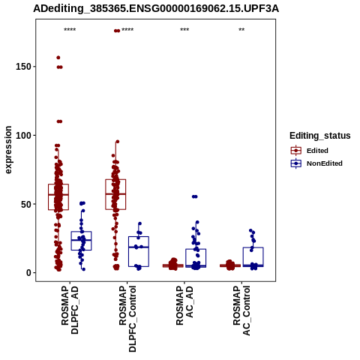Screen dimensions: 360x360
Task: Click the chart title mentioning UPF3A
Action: (156, 8)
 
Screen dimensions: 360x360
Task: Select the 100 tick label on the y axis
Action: (23, 135)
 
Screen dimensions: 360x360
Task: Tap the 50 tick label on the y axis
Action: (26, 204)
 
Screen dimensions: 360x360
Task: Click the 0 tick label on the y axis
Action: (28, 273)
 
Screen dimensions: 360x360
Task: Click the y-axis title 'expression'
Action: (8, 150)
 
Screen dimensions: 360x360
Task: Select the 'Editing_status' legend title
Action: (320, 136)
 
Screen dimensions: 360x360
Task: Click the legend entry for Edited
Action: (309, 151)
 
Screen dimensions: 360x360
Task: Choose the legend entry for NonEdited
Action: (316, 163)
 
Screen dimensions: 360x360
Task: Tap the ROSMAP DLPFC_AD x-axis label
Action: (70, 310)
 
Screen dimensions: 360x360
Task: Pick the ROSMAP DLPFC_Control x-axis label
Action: (127, 319)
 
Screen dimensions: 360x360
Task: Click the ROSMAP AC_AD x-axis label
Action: (184, 305)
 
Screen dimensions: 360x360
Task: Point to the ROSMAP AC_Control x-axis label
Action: (241, 310)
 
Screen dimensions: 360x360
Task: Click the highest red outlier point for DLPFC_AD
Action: (58, 58)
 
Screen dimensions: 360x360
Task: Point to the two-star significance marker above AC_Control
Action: (241, 30)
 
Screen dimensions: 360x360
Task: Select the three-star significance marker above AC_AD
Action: (184, 30)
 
